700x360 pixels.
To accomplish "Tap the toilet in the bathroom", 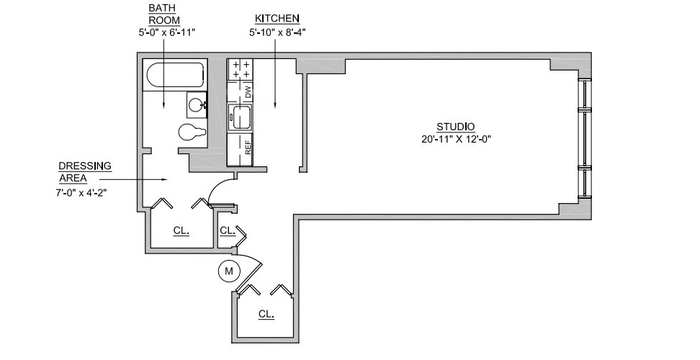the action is pos(192,132).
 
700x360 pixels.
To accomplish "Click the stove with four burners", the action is pos(241,70).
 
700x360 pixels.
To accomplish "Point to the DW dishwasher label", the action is pos(248,92).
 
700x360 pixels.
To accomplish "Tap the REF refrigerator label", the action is pos(248,147).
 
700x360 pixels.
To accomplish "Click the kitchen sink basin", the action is pos(241,117).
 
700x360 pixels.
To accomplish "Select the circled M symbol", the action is pos(229,271).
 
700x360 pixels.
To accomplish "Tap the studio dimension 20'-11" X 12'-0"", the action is pos(456,139).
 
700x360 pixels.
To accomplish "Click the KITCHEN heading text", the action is pos(277,19).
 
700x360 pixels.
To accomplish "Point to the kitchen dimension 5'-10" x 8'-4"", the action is pos(277,32).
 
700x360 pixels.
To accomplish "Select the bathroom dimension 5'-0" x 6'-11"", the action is pos(167,32).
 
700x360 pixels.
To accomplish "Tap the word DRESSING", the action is pos(85,166).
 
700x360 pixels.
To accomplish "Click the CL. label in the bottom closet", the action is pos(266,314).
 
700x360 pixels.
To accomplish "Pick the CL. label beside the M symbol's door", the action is pos(228,230).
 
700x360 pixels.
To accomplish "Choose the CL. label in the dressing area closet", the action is pos(181,230).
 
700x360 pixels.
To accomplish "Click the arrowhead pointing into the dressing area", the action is pos(165,180).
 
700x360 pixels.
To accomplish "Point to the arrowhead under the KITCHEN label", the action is pos(274,105).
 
